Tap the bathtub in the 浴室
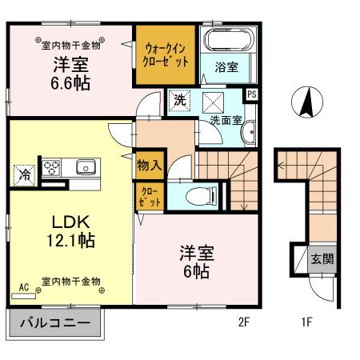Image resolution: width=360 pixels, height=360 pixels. click(x=226, y=42)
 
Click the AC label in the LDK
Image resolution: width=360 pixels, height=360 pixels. click(x=23, y=286)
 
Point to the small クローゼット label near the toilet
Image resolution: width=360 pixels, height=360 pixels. click(x=150, y=197)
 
